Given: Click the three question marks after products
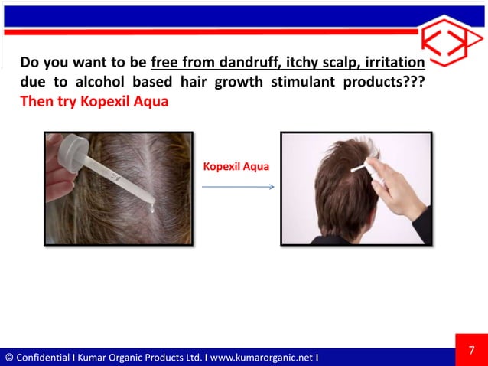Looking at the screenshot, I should click(412, 82).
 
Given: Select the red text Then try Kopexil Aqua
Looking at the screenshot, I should click(93, 102).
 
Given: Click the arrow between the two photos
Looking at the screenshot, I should click(238, 185).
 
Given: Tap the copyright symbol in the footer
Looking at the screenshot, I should click(8, 358).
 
